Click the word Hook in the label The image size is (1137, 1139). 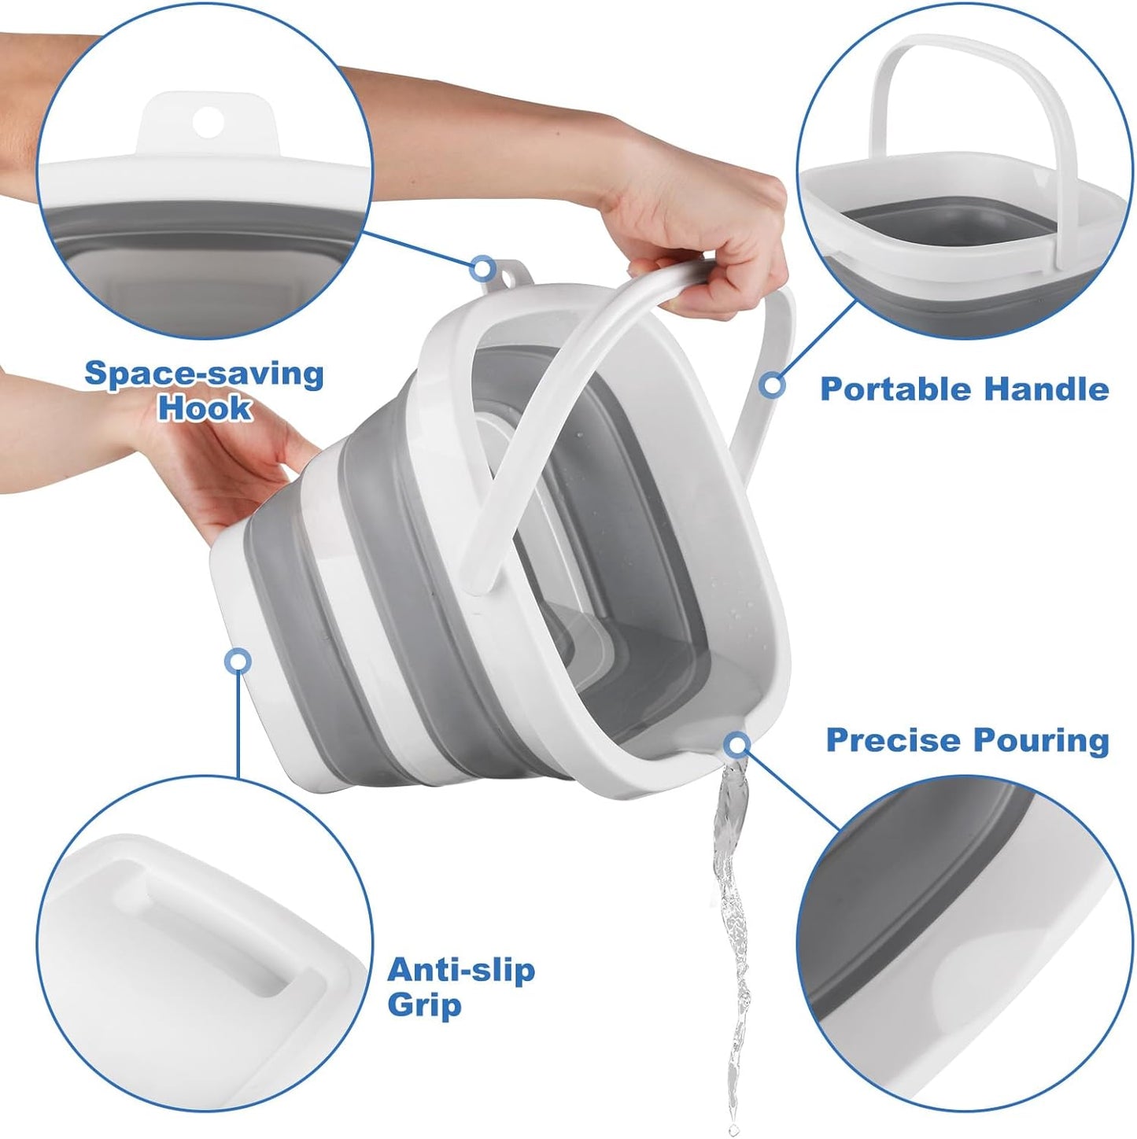[x=205, y=408]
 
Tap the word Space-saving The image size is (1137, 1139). [x=204, y=373]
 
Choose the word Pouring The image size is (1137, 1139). [x=1041, y=740]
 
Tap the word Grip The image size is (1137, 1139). [x=424, y=1005]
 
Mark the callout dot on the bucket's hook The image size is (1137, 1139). [x=482, y=268]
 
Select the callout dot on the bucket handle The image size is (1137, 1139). [x=773, y=385]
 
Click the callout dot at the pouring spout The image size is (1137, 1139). [x=737, y=743]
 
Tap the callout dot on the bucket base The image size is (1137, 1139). [x=238, y=662]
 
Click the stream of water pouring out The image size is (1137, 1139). [x=728, y=905]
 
